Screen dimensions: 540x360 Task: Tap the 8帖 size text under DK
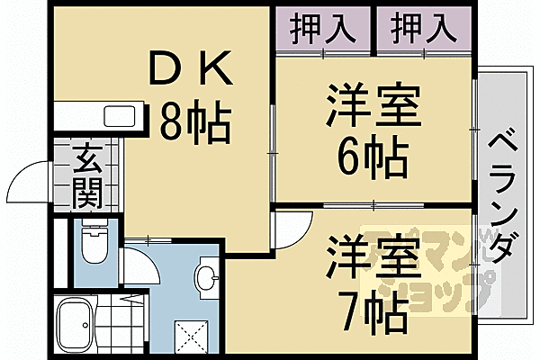[194, 119]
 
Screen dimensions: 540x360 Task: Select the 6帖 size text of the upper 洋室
[369, 159]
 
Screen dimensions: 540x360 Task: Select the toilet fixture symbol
[93, 240]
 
